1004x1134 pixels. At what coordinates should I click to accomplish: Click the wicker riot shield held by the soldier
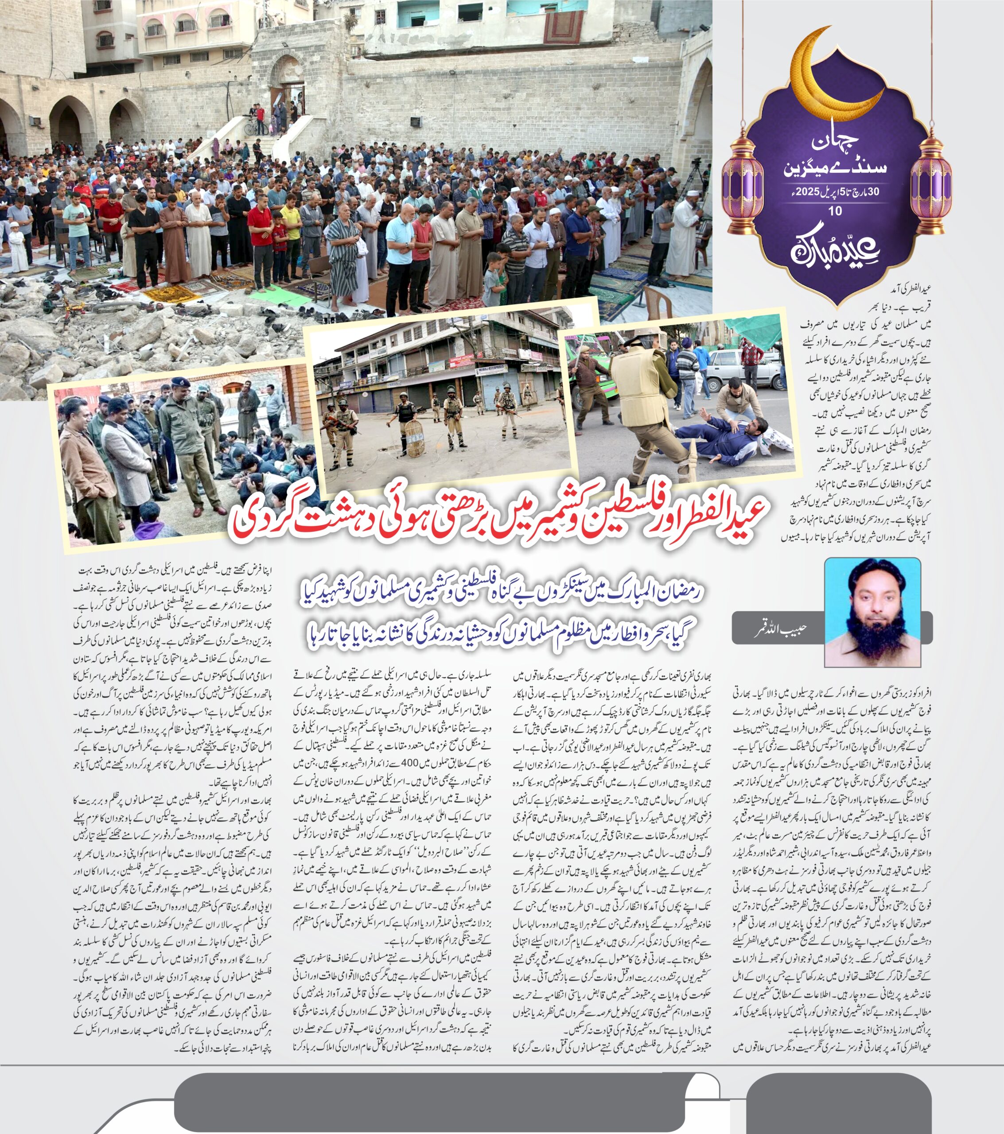(x=413, y=438)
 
